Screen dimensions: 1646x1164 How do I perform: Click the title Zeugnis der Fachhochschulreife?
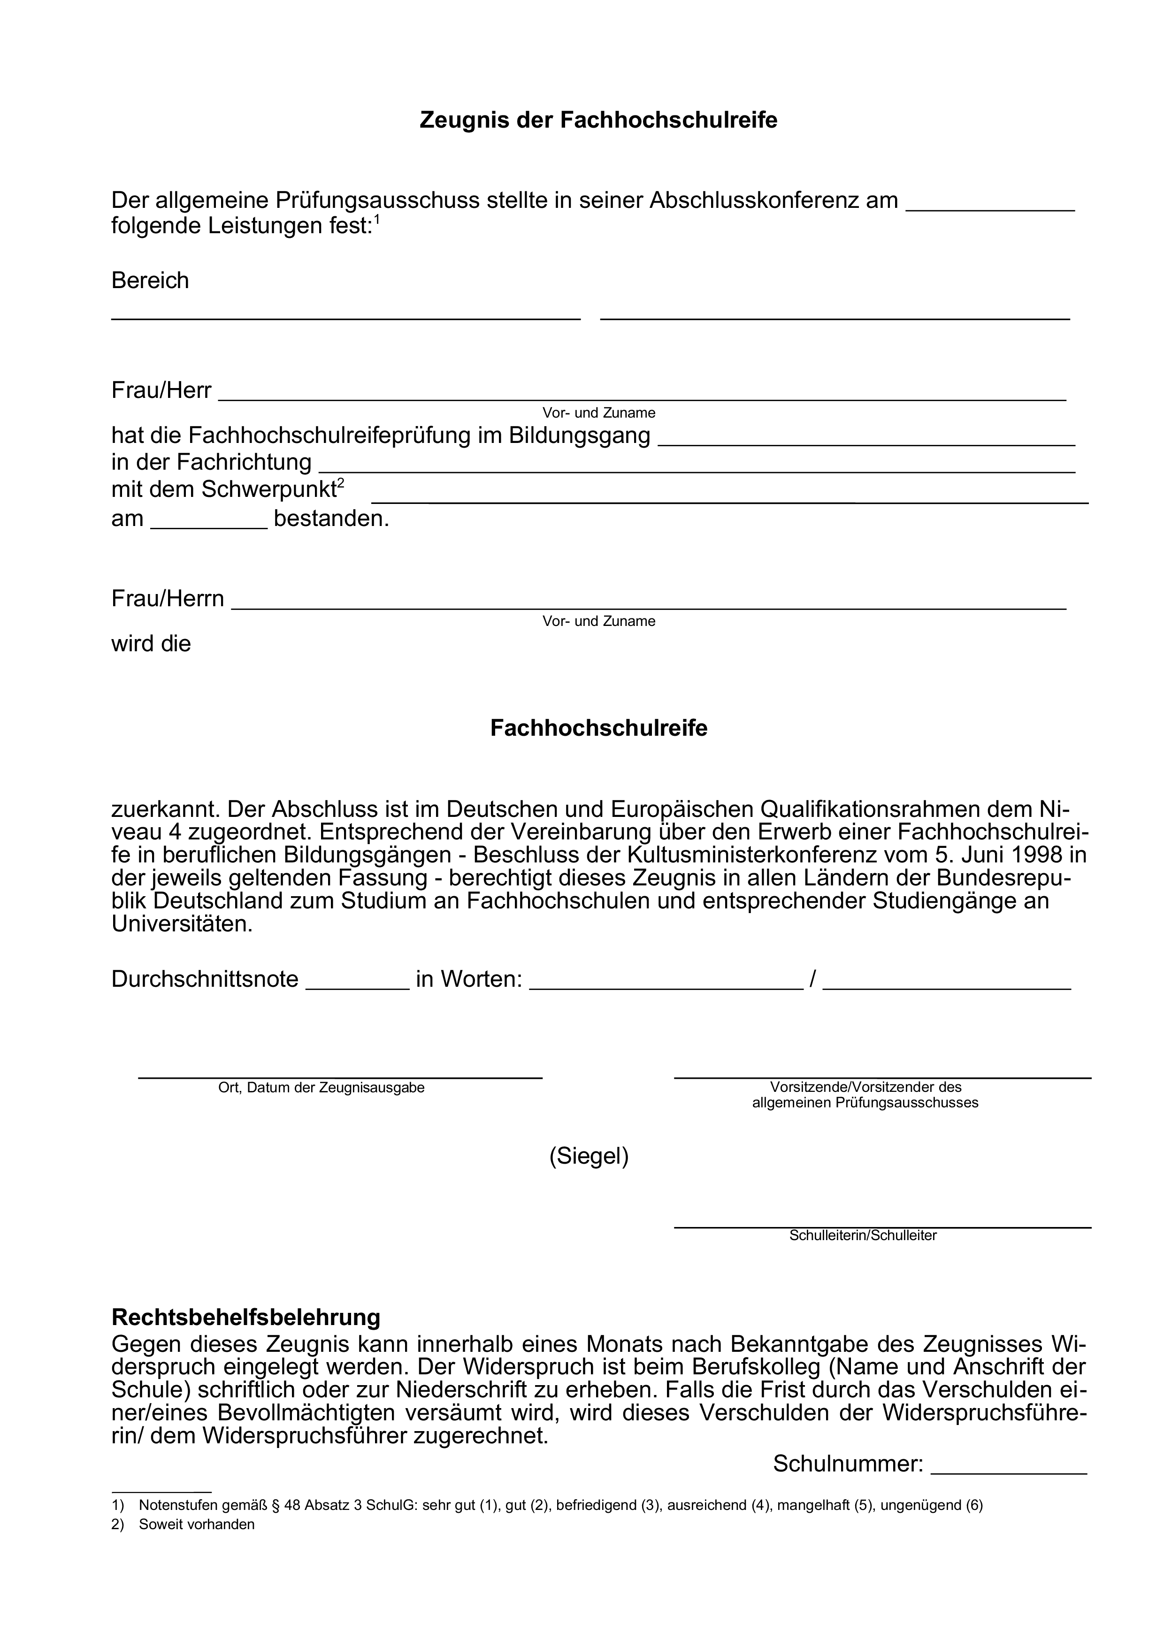coord(598,120)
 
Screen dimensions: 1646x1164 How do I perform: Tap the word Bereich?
coord(150,280)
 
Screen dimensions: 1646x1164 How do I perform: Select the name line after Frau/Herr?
coord(642,396)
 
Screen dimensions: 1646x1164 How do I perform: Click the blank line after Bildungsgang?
coord(866,442)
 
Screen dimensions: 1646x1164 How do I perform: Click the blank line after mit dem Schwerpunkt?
coord(729,500)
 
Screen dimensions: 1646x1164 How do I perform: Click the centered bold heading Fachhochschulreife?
coord(598,728)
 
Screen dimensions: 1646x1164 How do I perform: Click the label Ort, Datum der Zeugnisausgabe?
coord(322,1088)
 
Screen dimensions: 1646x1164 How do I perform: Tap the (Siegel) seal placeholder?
coord(589,1156)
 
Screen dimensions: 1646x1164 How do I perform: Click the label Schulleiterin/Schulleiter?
coord(863,1235)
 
